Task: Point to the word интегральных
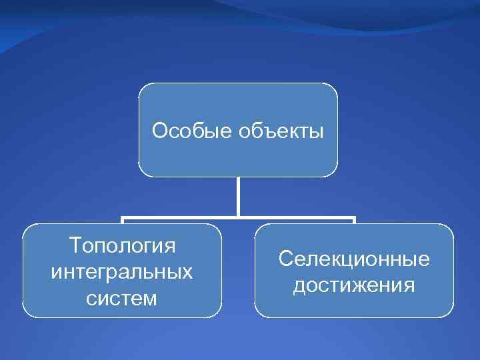pyautogui.click(x=122, y=272)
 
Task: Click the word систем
pyautogui.click(x=122, y=298)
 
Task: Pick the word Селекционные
pyautogui.click(x=354, y=258)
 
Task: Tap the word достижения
pyautogui.click(x=354, y=285)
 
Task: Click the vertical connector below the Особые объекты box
pyautogui.click(x=238, y=197)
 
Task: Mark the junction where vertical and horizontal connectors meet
pyautogui.click(x=238, y=217)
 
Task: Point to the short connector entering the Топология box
pyautogui.click(x=122, y=221)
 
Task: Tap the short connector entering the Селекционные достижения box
pyautogui.click(x=354, y=221)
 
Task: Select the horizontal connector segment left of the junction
pyautogui.click(x=180, y=217)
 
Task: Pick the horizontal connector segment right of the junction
pyautogui.click(x=297, y=217)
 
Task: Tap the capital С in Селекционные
pyautogui.click(x=285, y=258)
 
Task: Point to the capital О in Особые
pyautogui.click(x=159, y=131)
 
